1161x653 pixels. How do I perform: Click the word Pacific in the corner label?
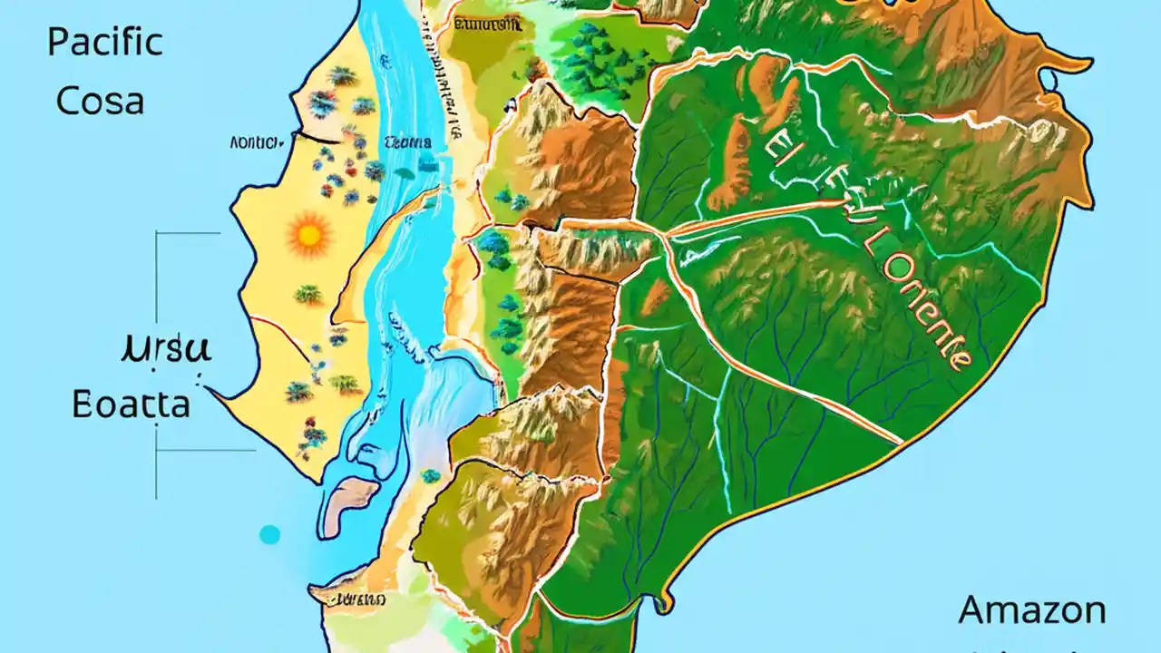pos(104,43)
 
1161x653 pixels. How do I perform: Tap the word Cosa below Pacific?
pos(100,101)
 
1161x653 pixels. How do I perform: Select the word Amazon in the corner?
pos(1032,609)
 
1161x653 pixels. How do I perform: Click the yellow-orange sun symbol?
pos(309,236)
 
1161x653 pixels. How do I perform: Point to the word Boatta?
pos(132,404)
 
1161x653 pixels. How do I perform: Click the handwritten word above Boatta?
pos(165,349)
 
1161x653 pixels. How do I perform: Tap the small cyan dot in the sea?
pos(269,534)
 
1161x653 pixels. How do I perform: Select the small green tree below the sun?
pos(308,294)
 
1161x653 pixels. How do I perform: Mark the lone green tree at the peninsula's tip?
pos(431,475)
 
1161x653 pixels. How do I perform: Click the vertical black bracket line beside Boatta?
pos(157,363)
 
